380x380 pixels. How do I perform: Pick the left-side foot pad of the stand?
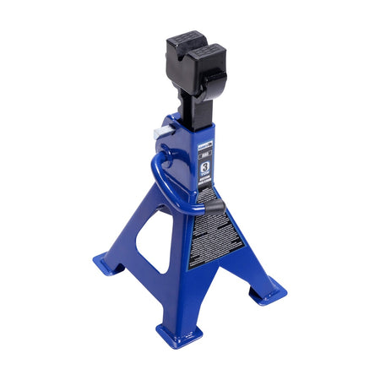pyautogui.click(x=108, y=265)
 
